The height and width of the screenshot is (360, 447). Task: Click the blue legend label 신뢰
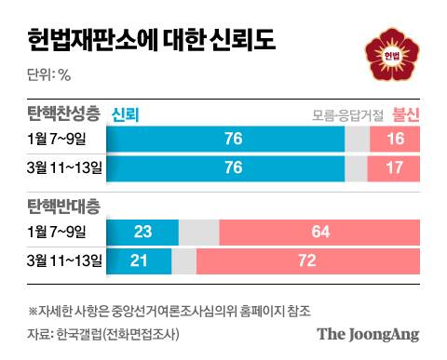(x=125, y=114)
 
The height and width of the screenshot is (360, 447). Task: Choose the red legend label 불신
(x=406, y=114)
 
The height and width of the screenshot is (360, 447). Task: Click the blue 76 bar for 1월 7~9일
(x=226, y=140)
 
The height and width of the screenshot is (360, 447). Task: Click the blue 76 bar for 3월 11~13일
(x=226, y=167)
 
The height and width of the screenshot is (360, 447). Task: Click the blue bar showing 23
(x=142, y=230)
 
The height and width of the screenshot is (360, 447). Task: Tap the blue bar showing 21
(x=140, y=258)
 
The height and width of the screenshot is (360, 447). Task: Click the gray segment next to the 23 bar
(x=198, y=230)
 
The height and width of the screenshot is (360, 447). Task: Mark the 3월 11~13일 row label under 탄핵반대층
(x=64, y=258)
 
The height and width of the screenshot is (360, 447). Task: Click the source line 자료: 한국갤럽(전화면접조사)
(x=102, y=333)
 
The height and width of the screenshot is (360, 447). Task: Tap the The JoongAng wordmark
(x=368, y=333)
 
